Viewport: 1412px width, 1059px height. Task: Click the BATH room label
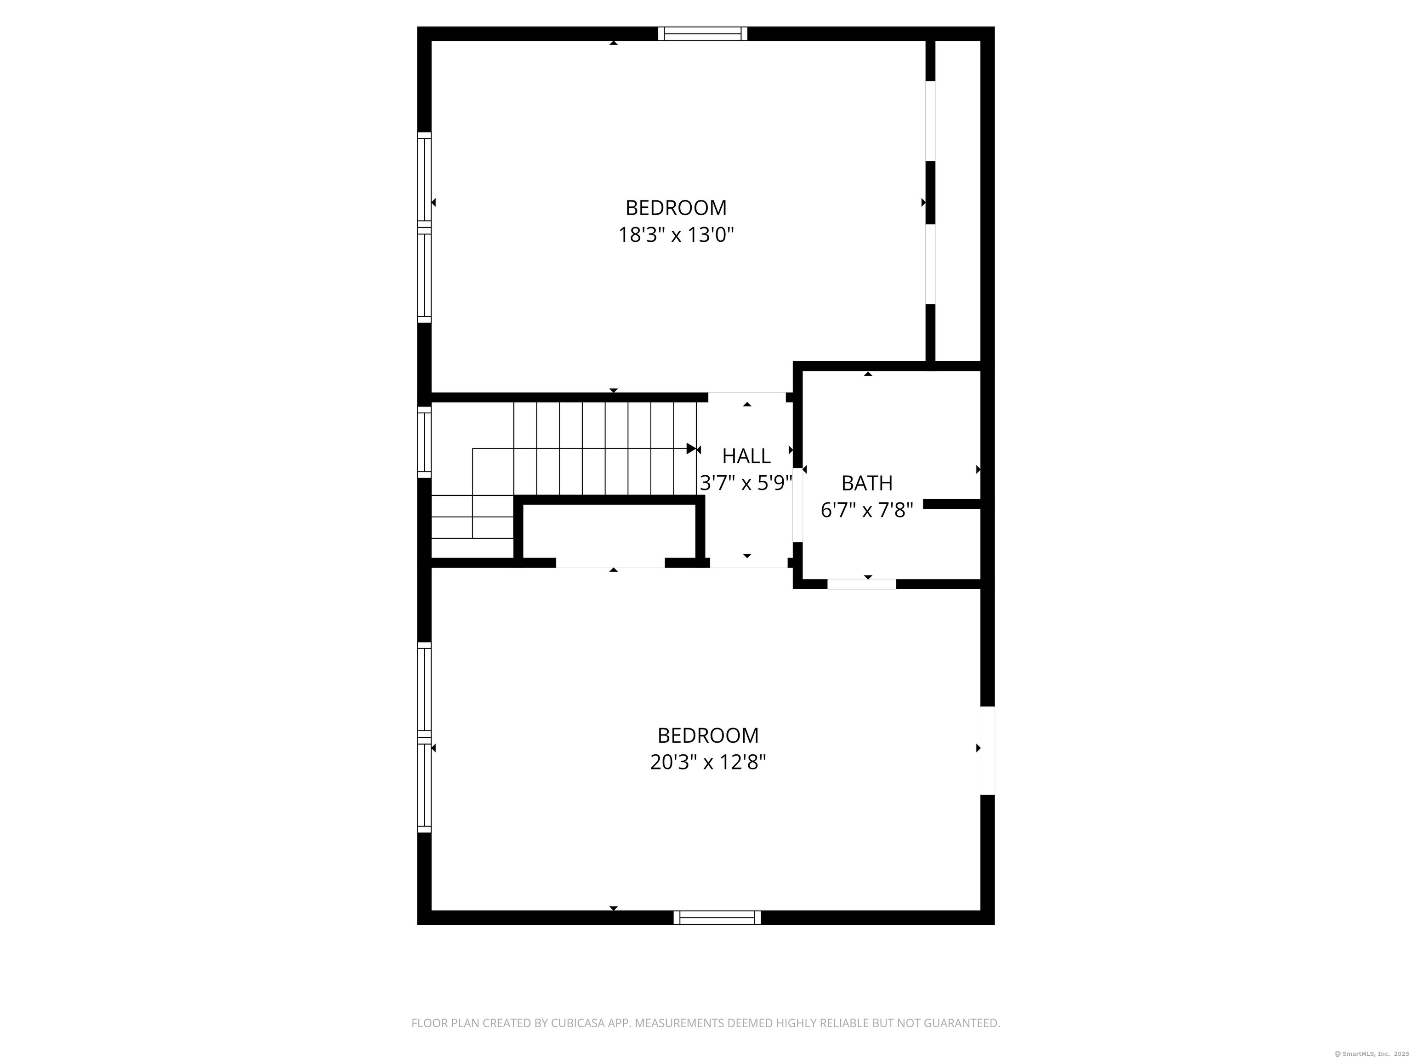pyautogui.click(x=866, y=483)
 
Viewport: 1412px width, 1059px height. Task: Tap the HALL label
pyautogui.click(x=746, y=456)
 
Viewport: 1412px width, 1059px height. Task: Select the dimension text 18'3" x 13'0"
pyautogui.click(x=676, y=235)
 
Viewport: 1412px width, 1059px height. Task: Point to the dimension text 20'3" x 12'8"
pyautogui.click(x=708, y=762)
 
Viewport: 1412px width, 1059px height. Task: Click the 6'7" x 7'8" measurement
pyautogui.click(x=866, y=510)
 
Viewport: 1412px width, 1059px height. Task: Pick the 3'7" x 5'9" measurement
pyautogui.click(x=746, y=483)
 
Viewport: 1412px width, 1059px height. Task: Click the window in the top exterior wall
pyautogui.click(x=702, y=34)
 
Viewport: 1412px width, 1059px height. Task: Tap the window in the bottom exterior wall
pyautogui.click(x=717, y=917)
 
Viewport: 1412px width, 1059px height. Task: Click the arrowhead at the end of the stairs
pyautogui.click(x=691, y=449)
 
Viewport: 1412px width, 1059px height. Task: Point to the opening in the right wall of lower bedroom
pyautogui.click(x=987, y=750)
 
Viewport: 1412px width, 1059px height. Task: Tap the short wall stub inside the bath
pyautogui.click(x=951, y=504)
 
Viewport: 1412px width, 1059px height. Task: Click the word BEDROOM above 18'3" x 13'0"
pyautogui.click(x=676, y=208)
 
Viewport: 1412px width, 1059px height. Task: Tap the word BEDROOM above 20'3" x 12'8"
pyautogui.click(x=708, y=735)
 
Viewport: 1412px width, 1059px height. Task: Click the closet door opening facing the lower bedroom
pyautogui.click(x=610, y=563)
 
